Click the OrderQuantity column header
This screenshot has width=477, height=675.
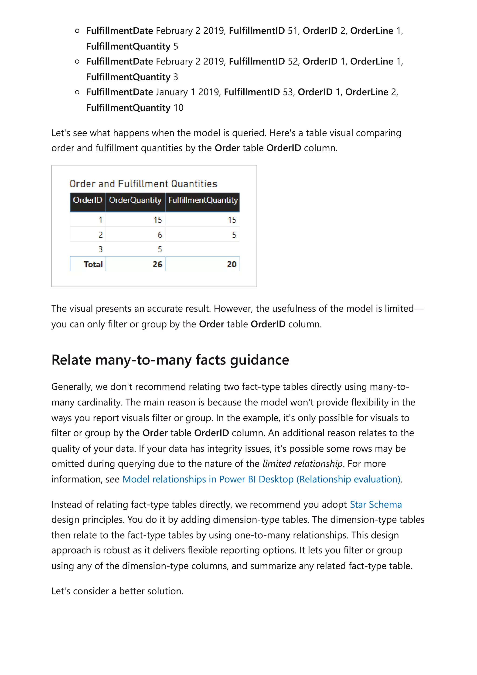(135, 200)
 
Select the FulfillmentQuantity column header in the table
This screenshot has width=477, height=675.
(203, 200)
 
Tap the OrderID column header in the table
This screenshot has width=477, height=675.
(87, 200)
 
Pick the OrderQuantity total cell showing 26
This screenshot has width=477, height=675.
(157, 264)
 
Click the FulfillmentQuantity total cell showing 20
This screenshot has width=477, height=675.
(232, 264)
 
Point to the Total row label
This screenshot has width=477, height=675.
(93, 264)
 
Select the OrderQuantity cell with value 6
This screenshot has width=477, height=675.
(160, 235)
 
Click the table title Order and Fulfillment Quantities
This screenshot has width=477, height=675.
(143, 184)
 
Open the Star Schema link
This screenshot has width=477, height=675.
(376, 505)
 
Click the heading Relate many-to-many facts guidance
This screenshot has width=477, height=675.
(170, 360)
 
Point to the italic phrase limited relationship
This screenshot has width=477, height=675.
(302, 464)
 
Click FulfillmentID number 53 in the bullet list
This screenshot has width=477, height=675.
(287, 92)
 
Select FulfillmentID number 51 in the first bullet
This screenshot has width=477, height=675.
(293, 31)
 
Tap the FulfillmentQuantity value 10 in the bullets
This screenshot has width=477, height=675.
(178, 108)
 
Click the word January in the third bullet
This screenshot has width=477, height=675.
(172, 92)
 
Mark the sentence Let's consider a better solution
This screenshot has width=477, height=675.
(117, 591)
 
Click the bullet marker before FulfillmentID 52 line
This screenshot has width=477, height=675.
(77, 61)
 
